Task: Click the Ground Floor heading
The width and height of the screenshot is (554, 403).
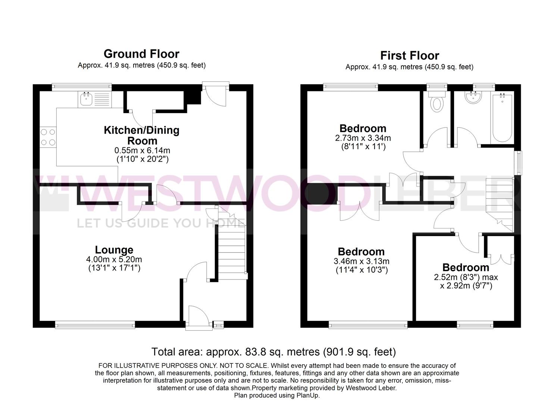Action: [x=141, y=54]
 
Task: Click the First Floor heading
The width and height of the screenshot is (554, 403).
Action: [x=409, y=56]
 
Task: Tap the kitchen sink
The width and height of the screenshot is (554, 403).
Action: [x=87, y=99]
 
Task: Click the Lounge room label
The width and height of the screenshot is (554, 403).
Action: [x=114, y=250]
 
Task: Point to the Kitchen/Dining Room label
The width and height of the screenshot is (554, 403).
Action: [x=141, y=135]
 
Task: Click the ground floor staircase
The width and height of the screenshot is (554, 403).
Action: [x=232, y=246]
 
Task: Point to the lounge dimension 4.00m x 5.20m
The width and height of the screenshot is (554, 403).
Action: [x=114, y=259]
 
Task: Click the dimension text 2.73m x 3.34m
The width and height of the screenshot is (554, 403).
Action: [x=363, y=138]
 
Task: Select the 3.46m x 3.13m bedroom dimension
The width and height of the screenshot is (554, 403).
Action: [x=361, y=261]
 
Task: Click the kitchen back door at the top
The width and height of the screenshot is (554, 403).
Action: [x=215, y=93]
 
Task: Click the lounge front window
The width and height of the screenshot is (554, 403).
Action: [x=95, y=325]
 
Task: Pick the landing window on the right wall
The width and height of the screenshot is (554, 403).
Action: [x=518, y=162]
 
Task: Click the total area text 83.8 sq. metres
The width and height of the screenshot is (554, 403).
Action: [x=273, y=352]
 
